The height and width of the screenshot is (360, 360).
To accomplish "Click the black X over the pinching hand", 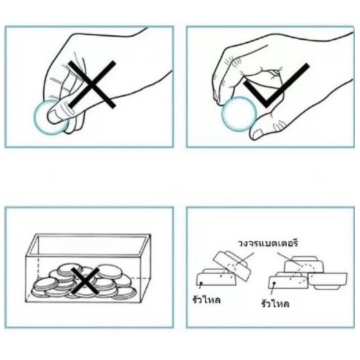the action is click(92, 85).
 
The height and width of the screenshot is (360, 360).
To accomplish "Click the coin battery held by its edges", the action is click(239, 114).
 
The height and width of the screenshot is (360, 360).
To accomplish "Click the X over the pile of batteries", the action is click(85, 281).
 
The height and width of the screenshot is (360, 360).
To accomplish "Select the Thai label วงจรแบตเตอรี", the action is click(268, 243).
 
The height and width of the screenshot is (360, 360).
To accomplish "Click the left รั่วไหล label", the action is click(207, 300).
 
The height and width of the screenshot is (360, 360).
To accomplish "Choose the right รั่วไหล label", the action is click(275, 304).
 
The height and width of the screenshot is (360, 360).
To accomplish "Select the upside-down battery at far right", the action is click(328, 281).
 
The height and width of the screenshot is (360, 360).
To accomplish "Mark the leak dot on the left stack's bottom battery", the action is click(201, 283).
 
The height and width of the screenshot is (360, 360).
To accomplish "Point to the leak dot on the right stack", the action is click(274, 283).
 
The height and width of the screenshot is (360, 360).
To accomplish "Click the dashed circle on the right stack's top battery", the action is click(306, 268).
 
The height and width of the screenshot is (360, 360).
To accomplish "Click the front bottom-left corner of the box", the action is click(26, 302).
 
